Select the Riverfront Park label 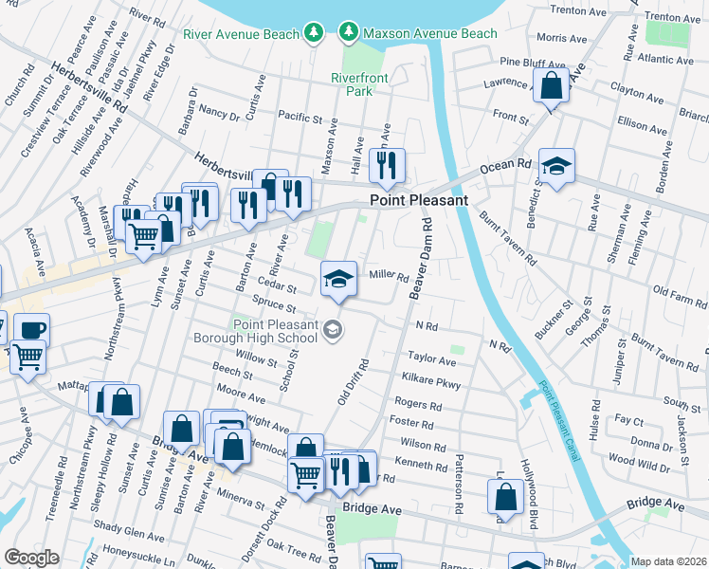pyautogui.click(x=352, y=85)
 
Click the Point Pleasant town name pyautogui.click(x=418, y=201)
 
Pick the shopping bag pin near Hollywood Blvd pyautogui.click(x=506, y=495)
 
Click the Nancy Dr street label pyautogui.click(x=220, y=113)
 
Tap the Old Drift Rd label pyautogui.click(x=352, y=381)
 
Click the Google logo pyautogui.click(x=31, y=558)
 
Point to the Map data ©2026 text pyautogui.click(x=668, y=561)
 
